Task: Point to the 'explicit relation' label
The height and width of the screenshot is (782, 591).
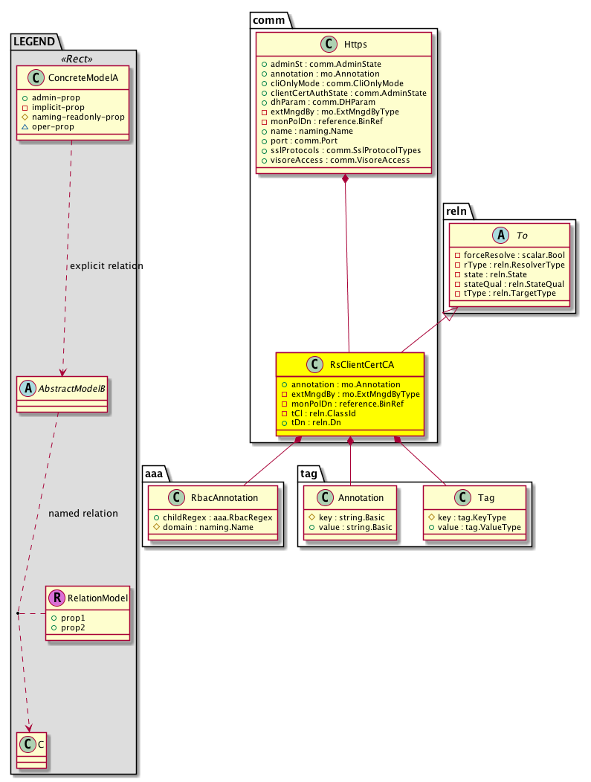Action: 106,266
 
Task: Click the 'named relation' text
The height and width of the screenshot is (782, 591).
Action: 83,514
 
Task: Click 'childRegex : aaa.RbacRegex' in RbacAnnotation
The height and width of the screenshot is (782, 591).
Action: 215,517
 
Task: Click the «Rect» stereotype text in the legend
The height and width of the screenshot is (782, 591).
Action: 73,59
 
